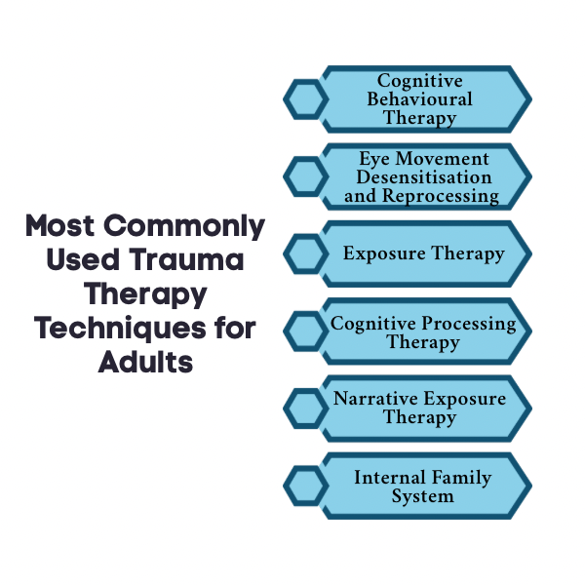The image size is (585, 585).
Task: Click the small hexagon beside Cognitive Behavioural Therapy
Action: click(x=304, y=99)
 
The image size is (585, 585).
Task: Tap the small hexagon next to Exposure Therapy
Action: click(x=304, y=254)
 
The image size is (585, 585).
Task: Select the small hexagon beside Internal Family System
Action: click(x=304, y=487)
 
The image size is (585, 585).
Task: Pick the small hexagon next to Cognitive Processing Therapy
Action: click(x=304, y=331)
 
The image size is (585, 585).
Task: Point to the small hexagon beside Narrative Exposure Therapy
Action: click(x=304, y=409)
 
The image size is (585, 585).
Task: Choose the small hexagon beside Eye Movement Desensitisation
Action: click(x=304, y=176)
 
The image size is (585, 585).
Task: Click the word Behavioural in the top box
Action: click(x=420, y=99)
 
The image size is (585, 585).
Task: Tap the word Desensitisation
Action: click(x=423, y=176)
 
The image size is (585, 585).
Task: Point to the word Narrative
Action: click(x=375, y=399)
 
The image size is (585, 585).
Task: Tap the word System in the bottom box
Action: click(x=422, y=496)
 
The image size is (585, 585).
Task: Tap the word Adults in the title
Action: click(x=145, y=362)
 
